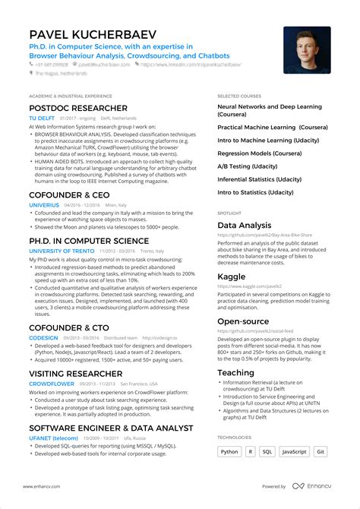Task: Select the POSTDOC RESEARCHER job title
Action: click(75, 109)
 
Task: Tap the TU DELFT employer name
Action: click(41, 119)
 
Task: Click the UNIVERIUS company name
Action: click(43, 205)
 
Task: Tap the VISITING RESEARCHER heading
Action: click(75, 374)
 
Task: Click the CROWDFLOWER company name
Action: click(51, 384)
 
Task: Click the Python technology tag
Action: click(229, 451)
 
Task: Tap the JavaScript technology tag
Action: click(295, 451)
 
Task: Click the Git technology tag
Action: click(321, 451)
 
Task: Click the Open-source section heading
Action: click(242, 321)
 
